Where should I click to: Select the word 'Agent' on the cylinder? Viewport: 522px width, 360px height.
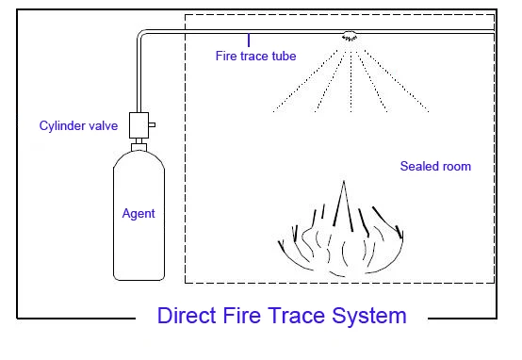tap(139, 214)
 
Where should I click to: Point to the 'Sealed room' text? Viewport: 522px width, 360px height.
tap(434, 167)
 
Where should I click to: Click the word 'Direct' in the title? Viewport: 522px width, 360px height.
tap(186, 315)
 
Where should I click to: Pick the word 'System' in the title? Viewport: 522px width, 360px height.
tap(368, 315)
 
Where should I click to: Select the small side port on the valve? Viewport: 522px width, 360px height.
tap(153, 123)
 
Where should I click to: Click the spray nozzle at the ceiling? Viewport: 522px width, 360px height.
tap(350, 37)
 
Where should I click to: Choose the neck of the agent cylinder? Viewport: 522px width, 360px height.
tap(139, 147)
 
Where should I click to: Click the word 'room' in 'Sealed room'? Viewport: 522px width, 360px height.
tap(453, 167)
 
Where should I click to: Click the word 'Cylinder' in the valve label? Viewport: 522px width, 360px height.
tap(60, 124)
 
